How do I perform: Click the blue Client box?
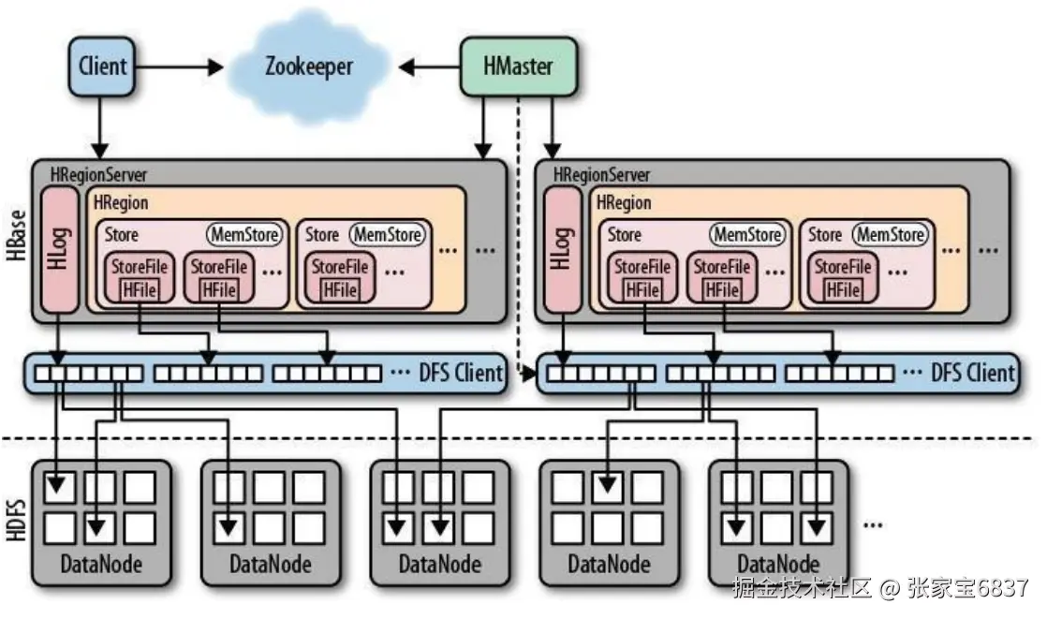103,66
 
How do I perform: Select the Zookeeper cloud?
308,66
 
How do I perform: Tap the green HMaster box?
518,66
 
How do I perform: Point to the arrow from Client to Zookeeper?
178,66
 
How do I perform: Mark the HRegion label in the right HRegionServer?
623,202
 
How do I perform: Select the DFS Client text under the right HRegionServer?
972,374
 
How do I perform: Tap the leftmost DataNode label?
101,565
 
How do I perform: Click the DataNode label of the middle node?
439,565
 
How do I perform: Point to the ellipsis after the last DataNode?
873,524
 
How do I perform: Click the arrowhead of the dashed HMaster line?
530,375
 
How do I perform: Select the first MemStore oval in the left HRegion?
243,234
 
